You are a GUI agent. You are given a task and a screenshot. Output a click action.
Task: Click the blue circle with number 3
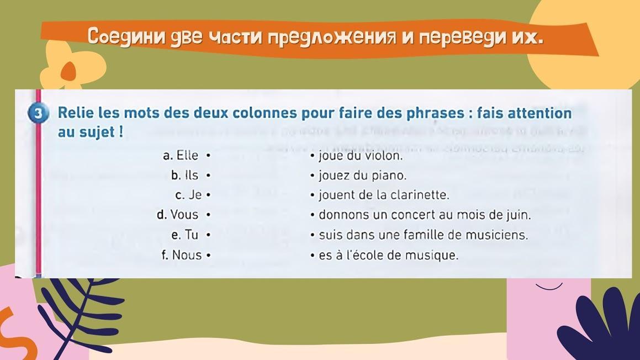38,113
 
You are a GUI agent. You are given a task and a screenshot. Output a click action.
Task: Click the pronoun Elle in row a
187,156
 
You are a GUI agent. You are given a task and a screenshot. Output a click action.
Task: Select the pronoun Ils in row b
192,176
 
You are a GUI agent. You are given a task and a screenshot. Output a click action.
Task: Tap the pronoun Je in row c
195,195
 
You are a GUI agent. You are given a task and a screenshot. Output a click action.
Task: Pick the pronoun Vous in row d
184,215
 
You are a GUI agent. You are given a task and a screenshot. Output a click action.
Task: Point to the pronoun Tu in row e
192,235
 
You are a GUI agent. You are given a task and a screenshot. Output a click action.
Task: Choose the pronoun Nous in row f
187,255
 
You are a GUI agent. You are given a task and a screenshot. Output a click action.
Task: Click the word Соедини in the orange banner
126,37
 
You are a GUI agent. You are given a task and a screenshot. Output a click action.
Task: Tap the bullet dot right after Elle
208,156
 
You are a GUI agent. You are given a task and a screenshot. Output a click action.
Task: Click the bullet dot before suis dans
312,235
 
